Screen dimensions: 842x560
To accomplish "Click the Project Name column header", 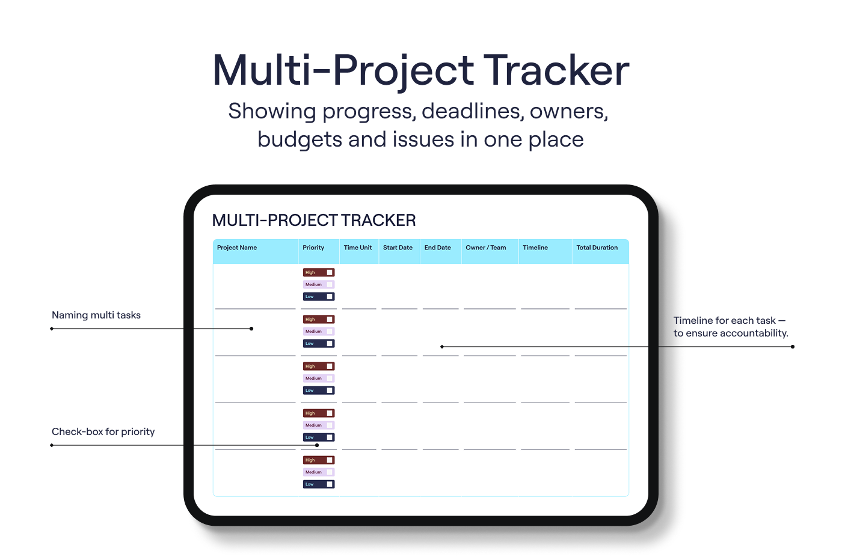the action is coord(237,248).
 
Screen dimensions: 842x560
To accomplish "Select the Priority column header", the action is coord(313,248).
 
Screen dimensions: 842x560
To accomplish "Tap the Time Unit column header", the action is coord(357,248).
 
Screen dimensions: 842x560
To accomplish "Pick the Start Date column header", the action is coord(398,248).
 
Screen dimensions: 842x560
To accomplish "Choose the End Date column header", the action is coord(438,248).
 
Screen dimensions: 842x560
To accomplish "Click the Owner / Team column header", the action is coord(486,248).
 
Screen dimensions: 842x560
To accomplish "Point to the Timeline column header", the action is coord(535,248).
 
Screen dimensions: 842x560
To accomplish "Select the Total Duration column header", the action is coord(597,248).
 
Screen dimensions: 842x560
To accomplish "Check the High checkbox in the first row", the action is coord(330,272).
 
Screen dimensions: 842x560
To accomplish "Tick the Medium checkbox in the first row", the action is coord(330,284).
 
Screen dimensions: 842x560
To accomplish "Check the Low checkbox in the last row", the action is coord(330,484).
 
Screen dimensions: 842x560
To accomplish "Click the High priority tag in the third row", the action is coord(319,366).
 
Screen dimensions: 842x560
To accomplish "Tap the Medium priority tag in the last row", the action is coord(319,472).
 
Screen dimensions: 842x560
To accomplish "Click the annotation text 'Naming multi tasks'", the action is coord(96,315).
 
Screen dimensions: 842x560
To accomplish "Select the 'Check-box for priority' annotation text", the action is coord(103,431).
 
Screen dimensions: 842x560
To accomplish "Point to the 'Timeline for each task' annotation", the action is coord(731,327).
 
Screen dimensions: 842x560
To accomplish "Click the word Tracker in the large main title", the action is coord(556,70).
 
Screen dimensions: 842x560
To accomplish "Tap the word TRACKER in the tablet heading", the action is coord(378,221).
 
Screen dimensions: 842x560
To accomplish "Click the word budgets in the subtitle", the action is coord(300,140).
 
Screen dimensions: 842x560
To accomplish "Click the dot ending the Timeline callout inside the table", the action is coord(442,347).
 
